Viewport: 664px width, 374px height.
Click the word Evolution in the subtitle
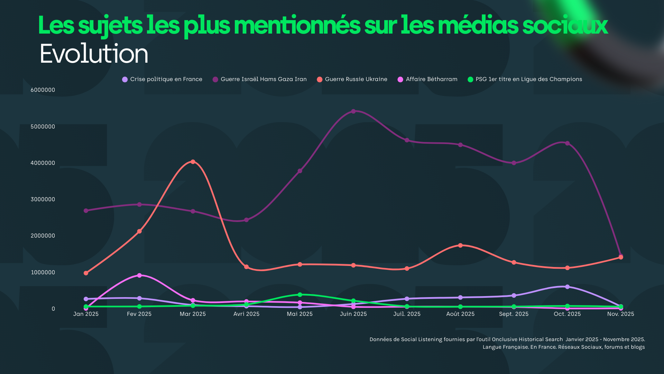point(94,54)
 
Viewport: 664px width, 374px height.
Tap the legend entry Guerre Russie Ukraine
point(356,79)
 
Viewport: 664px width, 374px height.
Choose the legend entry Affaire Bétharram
point(431,79)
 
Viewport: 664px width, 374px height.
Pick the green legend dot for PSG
point(470,80)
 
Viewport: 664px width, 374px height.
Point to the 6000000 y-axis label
point(43,90)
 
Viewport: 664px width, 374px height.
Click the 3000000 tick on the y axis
point(43,199)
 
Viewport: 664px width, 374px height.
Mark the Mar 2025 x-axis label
point(193,314)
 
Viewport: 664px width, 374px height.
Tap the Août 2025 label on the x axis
point(460,314)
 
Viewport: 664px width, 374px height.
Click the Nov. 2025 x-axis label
point(620,314)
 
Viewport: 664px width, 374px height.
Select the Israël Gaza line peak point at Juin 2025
point(353,112)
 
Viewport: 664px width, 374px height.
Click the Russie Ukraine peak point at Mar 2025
point(193,162)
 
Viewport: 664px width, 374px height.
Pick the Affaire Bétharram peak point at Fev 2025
point(139,276)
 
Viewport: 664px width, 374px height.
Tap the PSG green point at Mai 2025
point(300,295)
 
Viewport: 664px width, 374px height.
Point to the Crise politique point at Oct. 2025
point(567,287)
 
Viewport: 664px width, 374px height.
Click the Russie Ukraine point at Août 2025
point(460,246)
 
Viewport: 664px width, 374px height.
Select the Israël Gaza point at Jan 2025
point(86,211)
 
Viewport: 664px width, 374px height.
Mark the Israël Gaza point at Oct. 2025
point(567,143)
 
